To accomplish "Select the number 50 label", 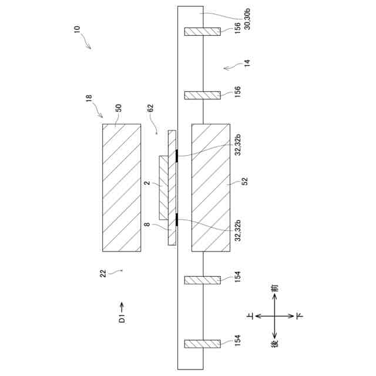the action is (118, 109).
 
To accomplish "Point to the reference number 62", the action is (151, 109).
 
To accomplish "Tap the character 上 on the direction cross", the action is (251, 315).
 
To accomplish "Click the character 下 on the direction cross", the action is (300, 315).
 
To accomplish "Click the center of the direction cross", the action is (275, 315).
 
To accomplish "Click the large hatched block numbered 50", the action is (122, 187).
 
